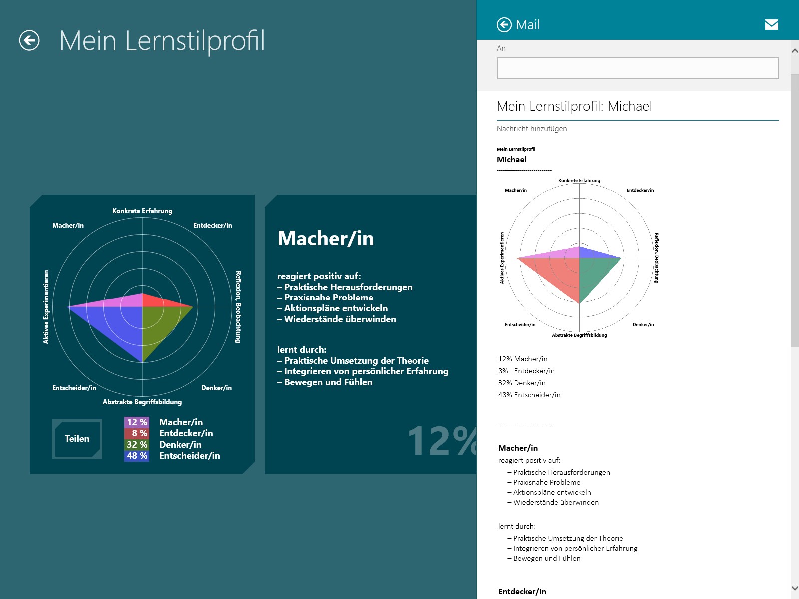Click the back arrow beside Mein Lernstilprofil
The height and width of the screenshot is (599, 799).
coord(29,40)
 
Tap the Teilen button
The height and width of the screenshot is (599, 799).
coord(77,439)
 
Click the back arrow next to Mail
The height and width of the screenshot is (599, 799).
coord(504,25)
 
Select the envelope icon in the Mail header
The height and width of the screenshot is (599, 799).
coord(771,25)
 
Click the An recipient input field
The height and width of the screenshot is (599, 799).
coord(637,68)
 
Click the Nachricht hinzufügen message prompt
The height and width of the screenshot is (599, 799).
coord(532,129)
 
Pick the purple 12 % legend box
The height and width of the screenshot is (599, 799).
coord(137,422)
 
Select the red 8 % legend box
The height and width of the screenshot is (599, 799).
coord(137,433)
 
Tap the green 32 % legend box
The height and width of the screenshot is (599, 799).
coord(137,445)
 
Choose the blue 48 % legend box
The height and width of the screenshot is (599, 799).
coord(137,456)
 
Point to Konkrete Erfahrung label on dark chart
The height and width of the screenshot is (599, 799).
coord(142,211)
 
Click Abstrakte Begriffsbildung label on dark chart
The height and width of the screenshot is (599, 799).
coord(142,402)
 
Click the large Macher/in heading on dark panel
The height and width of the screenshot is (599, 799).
coord(326,239)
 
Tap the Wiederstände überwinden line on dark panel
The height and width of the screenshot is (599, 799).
coord(340,319)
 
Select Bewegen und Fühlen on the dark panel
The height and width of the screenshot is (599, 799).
coord(328,382)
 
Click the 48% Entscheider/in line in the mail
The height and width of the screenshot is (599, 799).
coord(529,395)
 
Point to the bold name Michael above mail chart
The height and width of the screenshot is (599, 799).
coord(512,160)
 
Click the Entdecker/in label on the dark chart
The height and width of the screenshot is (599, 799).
coord(212,226)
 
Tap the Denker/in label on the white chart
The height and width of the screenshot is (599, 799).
coord(643,325)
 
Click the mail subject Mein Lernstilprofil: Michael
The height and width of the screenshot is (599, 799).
coord(574,106)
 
